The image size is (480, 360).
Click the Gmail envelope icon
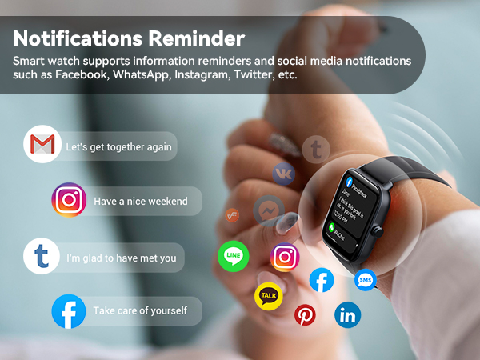(42, 145)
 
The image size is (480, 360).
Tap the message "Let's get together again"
(118, 147)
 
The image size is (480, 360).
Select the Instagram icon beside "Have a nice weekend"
(70, 200)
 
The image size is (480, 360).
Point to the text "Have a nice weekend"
(140, 201)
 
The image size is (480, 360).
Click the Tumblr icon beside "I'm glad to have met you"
(42, 257)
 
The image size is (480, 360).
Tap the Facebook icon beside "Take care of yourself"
(69, 311)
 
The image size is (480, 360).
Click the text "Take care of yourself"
(140, 310)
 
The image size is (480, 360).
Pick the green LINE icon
(234, 256)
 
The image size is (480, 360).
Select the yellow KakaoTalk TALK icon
(269, 296)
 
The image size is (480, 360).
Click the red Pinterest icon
(305, 314)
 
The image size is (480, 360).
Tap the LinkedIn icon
(348, 315)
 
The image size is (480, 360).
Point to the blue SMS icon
(366, 280)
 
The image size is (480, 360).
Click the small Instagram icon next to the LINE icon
(284, 257)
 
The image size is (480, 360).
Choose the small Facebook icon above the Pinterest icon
(322, 279)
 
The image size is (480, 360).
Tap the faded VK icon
(283, 172)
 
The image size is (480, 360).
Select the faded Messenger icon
(268, 211)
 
